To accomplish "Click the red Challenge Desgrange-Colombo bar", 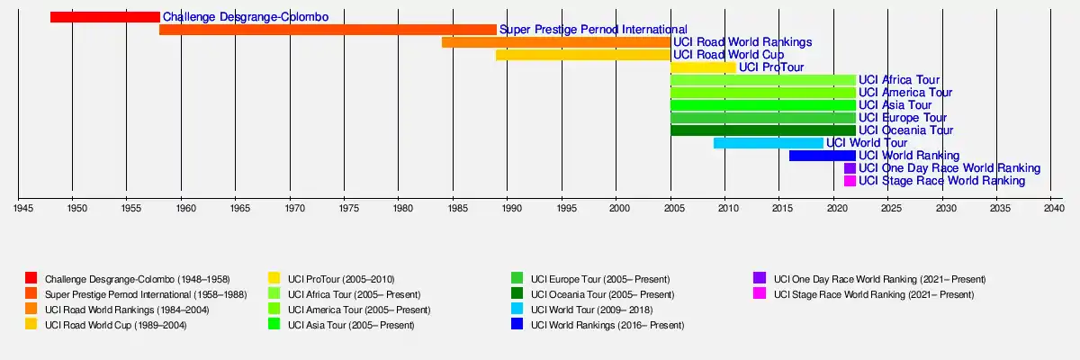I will click(x=104, y=17).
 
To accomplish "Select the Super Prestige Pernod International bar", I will click(x=328, y=30).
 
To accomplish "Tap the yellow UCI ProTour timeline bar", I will click(x=703, y=67).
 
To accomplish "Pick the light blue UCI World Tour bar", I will click(x=768, y=143).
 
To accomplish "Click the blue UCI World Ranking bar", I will click(x=822, y=156).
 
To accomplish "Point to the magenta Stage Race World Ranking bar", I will click(x=850, y=181).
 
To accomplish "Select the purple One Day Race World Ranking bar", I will click(x=850, y=168).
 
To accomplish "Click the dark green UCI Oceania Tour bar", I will click(x=762, y=130).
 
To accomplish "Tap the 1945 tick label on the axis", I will click(x=23, y=209).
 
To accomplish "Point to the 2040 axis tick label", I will click(x=1053, y=209).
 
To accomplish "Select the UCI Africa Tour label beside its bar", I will click(x=898, y=80).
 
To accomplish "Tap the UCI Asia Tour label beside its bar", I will click(x=895, y=105).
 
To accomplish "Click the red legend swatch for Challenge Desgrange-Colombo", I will click(x=31, y=278).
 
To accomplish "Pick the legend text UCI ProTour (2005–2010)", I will click(x=341, y=279).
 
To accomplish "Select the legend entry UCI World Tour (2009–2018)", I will click(x=591, y=310).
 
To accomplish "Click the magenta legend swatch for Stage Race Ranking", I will click(x=760, y=293).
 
